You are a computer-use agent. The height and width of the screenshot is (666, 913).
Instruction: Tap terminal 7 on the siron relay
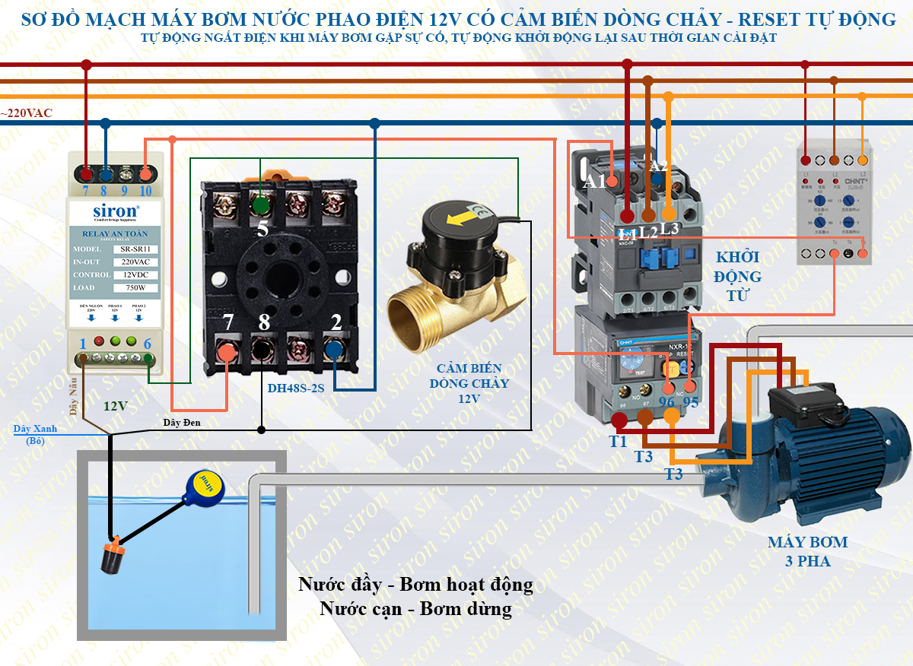tap(87, 173)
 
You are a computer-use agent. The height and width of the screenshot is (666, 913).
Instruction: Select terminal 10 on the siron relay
tap(145, 173)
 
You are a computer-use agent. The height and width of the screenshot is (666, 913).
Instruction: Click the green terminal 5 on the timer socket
tap(261, 205)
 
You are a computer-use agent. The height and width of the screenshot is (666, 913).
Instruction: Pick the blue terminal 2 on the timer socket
tap(334, 349)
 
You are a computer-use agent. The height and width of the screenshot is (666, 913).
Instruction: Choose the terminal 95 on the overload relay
tap(691, 369)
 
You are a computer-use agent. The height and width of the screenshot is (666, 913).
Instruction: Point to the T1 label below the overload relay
tap(618, 441)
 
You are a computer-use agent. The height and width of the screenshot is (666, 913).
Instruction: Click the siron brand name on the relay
tap(115, 211)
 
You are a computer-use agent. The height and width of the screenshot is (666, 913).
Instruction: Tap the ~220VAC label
tap(27, 113)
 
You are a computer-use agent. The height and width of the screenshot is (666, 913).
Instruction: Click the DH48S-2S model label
tap(296, 388)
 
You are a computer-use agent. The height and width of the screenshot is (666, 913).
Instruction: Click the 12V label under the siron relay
tap(116, 406)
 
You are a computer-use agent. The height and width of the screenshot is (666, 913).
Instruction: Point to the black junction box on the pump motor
tap(803, 403)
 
